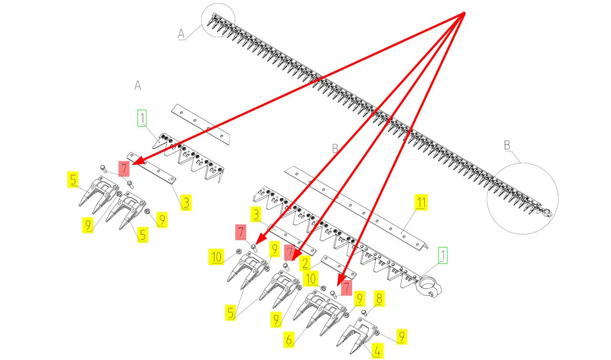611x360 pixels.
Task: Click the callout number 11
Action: pos(421,203)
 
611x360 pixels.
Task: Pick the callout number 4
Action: pos(377,350)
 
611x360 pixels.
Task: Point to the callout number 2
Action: pos(305,263)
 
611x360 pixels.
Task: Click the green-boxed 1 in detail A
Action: pos(143,118)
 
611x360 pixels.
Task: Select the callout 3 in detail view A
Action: pos(186,203)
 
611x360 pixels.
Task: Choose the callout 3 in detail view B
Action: pos(256,215)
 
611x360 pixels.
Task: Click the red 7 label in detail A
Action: pos(124,168)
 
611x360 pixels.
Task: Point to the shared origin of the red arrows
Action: pos(464,13)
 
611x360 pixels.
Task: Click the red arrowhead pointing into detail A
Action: pos(133,164)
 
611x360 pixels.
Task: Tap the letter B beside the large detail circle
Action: pos(507,145)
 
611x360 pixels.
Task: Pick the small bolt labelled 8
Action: pos(364,312)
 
